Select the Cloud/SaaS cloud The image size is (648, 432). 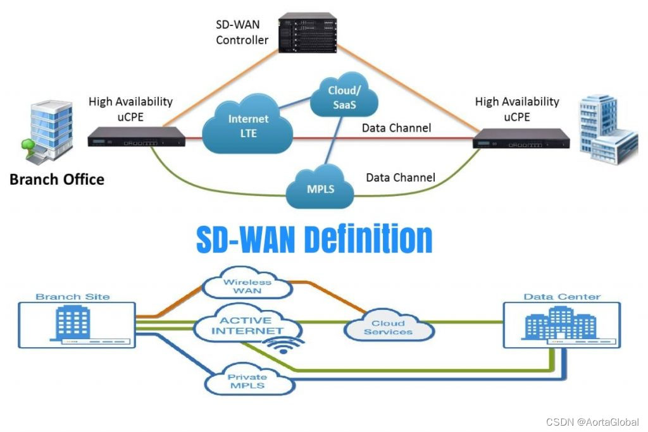click(x=342, y=98)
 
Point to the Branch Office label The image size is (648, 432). click(x=56, y=179)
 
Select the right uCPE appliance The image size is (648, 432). click(x=521, y=138)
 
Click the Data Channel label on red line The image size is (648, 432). click(x=396, y=128)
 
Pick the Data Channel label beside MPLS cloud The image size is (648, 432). click(x=401, y=178)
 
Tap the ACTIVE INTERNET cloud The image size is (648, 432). click(x=247, y=325)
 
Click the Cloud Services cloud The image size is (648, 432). click(x=389, y=327)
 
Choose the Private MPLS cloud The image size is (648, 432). click(x=247, y=381)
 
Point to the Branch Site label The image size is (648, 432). click(x=72, y=297)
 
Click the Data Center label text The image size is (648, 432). click(x=562, y=297)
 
